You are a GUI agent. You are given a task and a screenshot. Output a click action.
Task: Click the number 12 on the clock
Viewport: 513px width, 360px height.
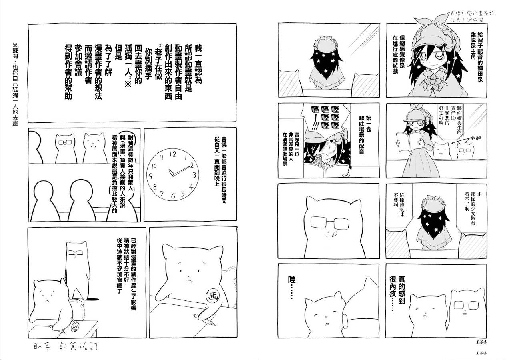[172, 153]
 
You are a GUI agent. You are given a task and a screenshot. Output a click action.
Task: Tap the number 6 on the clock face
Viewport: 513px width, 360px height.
[173, 196]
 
